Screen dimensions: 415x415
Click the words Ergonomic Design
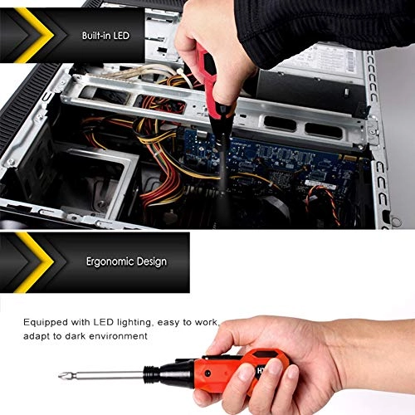pyautogui.click(x=126, y=261)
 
